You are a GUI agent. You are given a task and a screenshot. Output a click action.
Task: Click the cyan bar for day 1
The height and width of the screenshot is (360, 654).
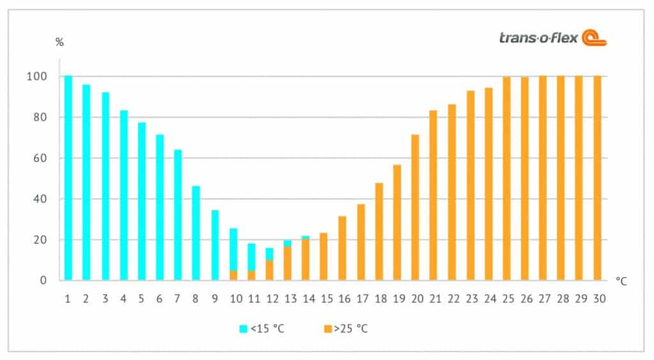click(68, 178)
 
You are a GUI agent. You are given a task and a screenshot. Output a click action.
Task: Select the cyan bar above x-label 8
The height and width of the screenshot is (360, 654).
click(196, 233)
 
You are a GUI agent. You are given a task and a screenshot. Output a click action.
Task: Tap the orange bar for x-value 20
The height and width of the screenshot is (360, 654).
click(415, 207)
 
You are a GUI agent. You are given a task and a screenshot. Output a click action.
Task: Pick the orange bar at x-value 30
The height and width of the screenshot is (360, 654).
click(597, 178)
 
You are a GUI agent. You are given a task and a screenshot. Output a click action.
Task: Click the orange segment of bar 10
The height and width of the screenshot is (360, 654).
click(233, 276)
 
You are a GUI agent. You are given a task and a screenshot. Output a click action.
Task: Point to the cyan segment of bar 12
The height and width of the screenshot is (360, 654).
click(270, 253)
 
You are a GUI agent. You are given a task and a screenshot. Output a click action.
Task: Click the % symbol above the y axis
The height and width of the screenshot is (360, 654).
click(59, 43)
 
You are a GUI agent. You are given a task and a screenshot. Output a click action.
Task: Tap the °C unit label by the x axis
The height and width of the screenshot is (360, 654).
click(621, 281)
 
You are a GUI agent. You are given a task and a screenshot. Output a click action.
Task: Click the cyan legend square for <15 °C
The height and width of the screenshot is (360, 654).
click(243, 329)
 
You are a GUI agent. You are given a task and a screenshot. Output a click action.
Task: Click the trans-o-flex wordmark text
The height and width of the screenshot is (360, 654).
click(538, 38)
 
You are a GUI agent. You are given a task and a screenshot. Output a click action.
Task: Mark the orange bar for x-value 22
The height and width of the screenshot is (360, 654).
click(452, 192)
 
